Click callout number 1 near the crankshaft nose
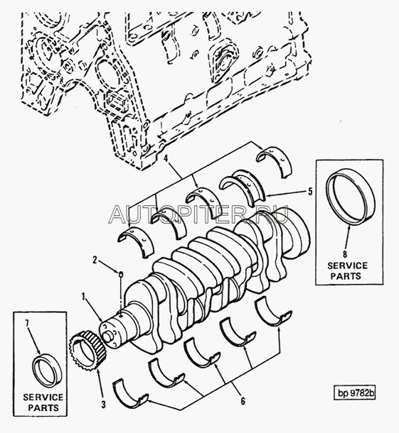point(83,297)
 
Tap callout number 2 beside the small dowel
point(95,260)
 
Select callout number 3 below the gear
point(103,405)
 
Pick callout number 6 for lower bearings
point(243,400)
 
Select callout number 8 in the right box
point(345,253)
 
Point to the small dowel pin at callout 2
point(120,274)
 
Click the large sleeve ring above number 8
point(351,197)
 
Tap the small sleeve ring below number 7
point(46,372)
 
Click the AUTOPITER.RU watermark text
point(198,215)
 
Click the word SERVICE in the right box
point(348,265)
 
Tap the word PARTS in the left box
point(43,407)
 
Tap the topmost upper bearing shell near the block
point(275,162)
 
